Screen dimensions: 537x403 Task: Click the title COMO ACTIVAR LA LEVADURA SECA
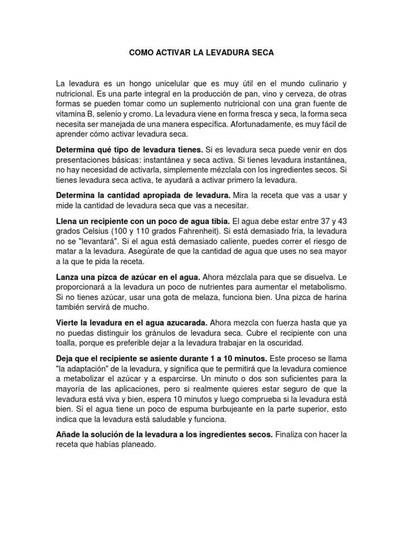click(x=201, y=53)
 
